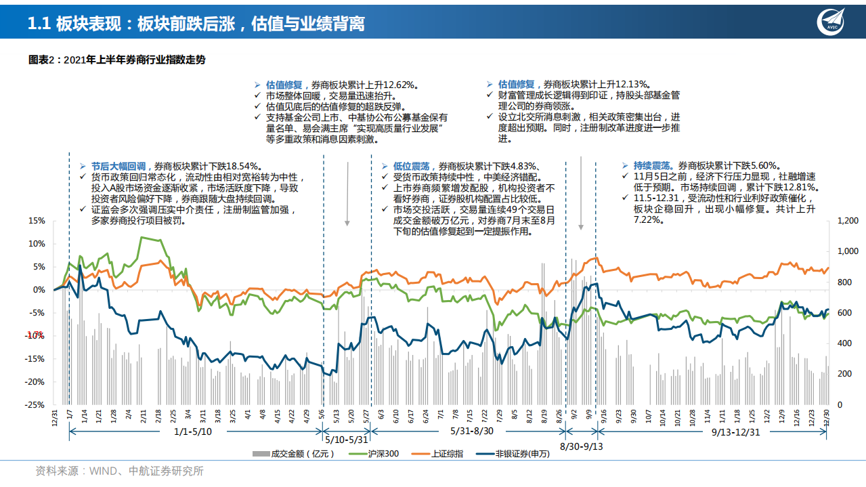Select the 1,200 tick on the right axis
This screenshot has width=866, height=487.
pyautogui.click(x=848, y=221)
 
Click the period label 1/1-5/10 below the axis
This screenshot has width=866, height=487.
pyautogui.click(x=193, y=431)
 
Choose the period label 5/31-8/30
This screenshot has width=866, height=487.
pyautogui.click(x=473, y=431)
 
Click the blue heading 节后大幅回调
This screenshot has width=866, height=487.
pyautogui.click(x=118, y=165)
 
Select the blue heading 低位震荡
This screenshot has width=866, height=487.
pyautogui.click(x=414, y=165)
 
